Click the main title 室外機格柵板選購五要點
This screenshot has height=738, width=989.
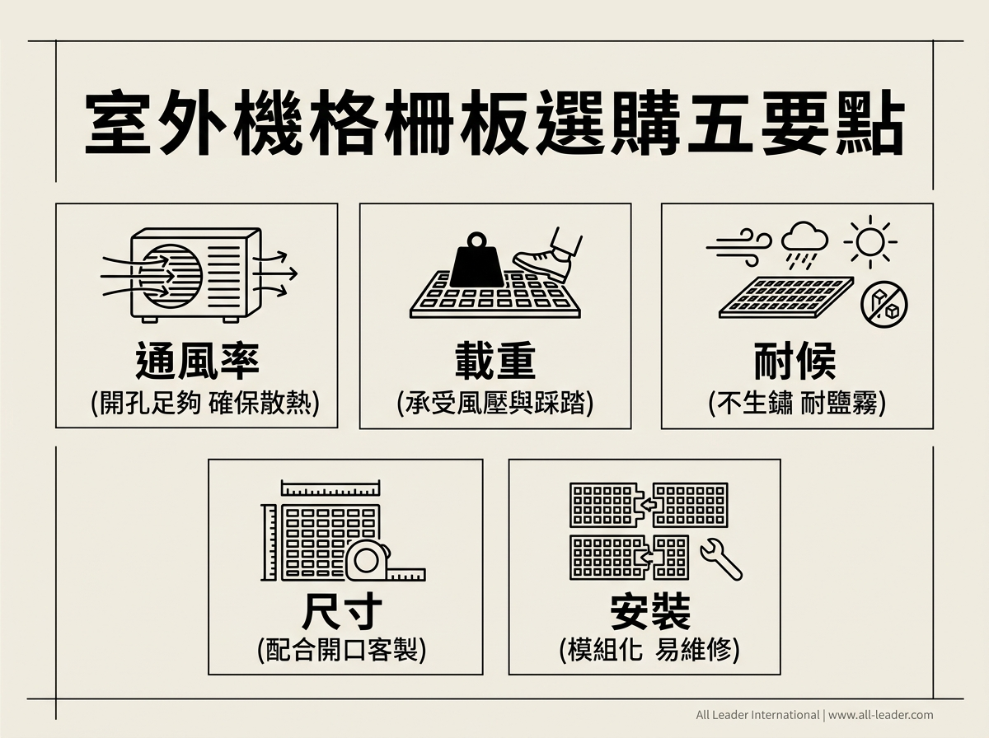point(494,123)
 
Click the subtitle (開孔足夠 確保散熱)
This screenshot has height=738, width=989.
point(205,403)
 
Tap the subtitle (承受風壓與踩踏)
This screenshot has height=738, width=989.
point(495,403)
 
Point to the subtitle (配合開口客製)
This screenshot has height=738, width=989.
point(341,650)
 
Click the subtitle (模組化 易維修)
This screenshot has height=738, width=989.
point(649,650)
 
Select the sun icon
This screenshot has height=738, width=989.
point(870,242)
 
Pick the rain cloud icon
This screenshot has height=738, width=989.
point(804,245)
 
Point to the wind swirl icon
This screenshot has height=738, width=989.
point(739,248)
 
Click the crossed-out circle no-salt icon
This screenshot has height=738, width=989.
point(884,305)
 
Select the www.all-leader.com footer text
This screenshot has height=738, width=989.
point(880,715)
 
